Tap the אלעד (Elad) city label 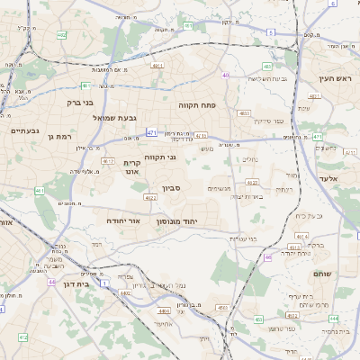click(327, 179)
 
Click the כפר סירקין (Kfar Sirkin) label click(267, 121)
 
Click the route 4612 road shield click(108, 161)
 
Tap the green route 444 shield click(334, 319)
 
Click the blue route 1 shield click(105, 283)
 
